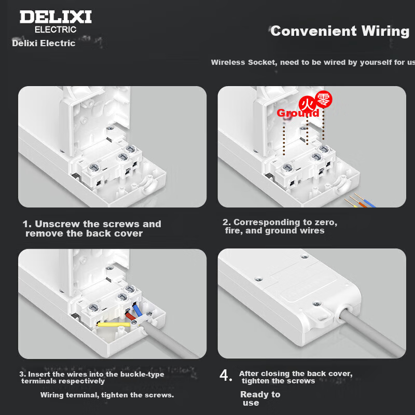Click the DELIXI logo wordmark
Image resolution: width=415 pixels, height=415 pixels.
click(x=56, y=17)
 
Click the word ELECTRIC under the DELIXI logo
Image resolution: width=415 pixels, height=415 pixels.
click(x=56, y=30)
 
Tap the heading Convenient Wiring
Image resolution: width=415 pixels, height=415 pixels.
click(x=340, y=31)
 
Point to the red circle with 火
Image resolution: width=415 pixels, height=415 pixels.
click(x=307, y=104)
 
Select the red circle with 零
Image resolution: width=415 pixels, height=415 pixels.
click(x=324, y=99)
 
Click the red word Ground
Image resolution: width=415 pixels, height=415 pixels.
click(x=298, y=113)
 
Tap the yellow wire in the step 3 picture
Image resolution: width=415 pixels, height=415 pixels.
click(x=114, y=324)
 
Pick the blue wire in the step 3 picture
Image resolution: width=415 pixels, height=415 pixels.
click(x=137, y=310)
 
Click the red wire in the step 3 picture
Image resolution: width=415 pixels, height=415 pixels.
click(x=131, y=316)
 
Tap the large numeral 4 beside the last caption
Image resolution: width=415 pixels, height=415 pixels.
click(x=226, y=375)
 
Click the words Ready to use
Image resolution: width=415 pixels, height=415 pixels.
click(x=260, y=398)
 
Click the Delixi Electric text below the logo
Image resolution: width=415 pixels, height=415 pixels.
click(x=44, y=43)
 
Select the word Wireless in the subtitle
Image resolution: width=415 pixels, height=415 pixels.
click(x=228, y=62)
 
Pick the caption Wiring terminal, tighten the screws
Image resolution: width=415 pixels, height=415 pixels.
click(x=107, y=395)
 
